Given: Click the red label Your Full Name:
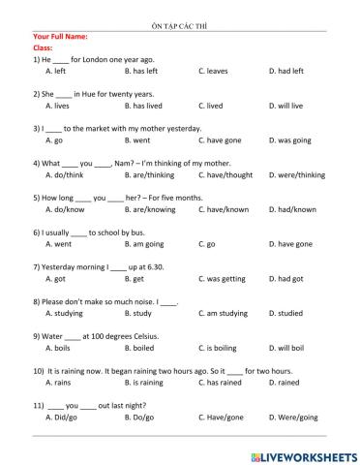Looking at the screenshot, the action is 61,36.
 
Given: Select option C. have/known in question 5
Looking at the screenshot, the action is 225,209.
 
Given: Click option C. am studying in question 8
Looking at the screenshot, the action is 227,313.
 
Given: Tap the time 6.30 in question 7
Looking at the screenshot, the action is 162,266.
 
